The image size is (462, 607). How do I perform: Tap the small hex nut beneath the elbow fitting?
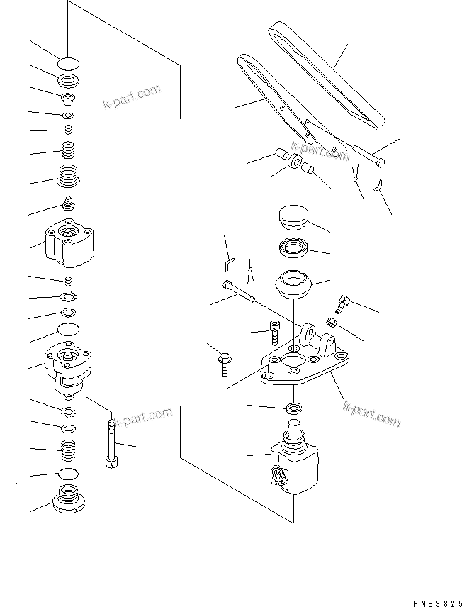(x=330, y=322)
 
